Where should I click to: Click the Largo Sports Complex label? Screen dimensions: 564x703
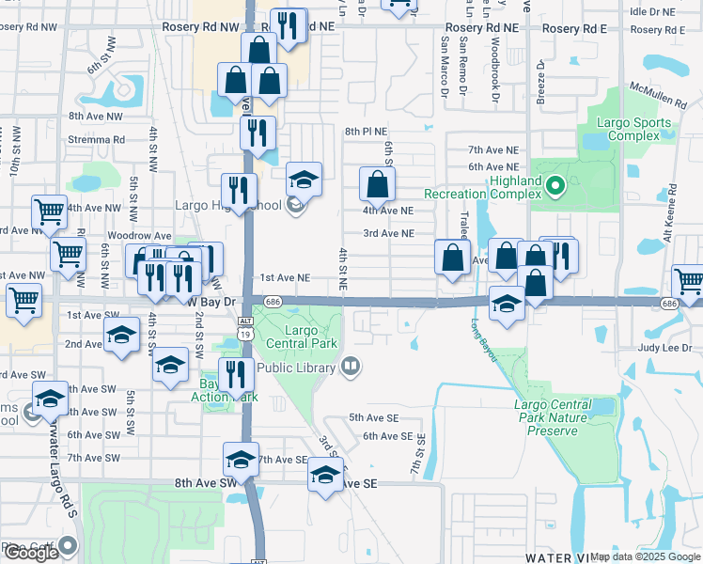point(634,129)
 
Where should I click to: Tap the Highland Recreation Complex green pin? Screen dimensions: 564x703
point(555,187)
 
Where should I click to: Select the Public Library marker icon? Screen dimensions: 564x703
point(351,367)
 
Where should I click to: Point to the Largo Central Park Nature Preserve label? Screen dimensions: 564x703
point(553,417)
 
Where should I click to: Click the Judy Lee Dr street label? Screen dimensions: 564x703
point(665,346)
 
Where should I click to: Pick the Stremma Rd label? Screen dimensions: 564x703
point(97,139)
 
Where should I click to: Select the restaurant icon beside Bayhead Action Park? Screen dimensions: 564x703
point(236,375)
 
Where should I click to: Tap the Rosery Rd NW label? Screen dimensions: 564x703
point(201,29)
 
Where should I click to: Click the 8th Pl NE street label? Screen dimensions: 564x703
point(367,132)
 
